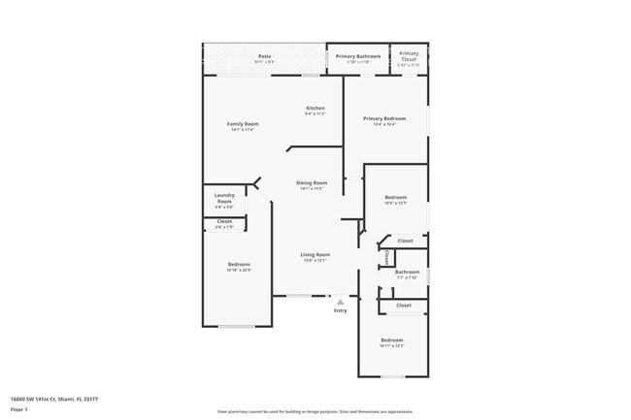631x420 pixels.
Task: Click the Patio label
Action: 264,56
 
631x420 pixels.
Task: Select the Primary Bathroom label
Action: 358,56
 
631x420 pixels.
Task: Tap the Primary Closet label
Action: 409,54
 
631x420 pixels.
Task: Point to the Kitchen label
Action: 315,108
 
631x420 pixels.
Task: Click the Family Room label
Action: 243,124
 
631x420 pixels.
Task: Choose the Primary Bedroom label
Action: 384,118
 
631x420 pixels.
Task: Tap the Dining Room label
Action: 312,182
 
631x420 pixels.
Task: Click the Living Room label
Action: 315,254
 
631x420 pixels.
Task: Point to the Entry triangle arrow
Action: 340,302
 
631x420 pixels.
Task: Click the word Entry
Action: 340,310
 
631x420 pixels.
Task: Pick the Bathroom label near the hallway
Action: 406,272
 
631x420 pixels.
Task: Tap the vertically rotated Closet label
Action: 386,258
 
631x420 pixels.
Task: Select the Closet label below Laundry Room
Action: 223,221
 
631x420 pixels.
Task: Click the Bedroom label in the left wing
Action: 239,265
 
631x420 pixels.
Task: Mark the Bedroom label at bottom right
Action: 391,339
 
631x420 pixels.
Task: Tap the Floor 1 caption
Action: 19,410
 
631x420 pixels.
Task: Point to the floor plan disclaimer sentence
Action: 315,411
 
